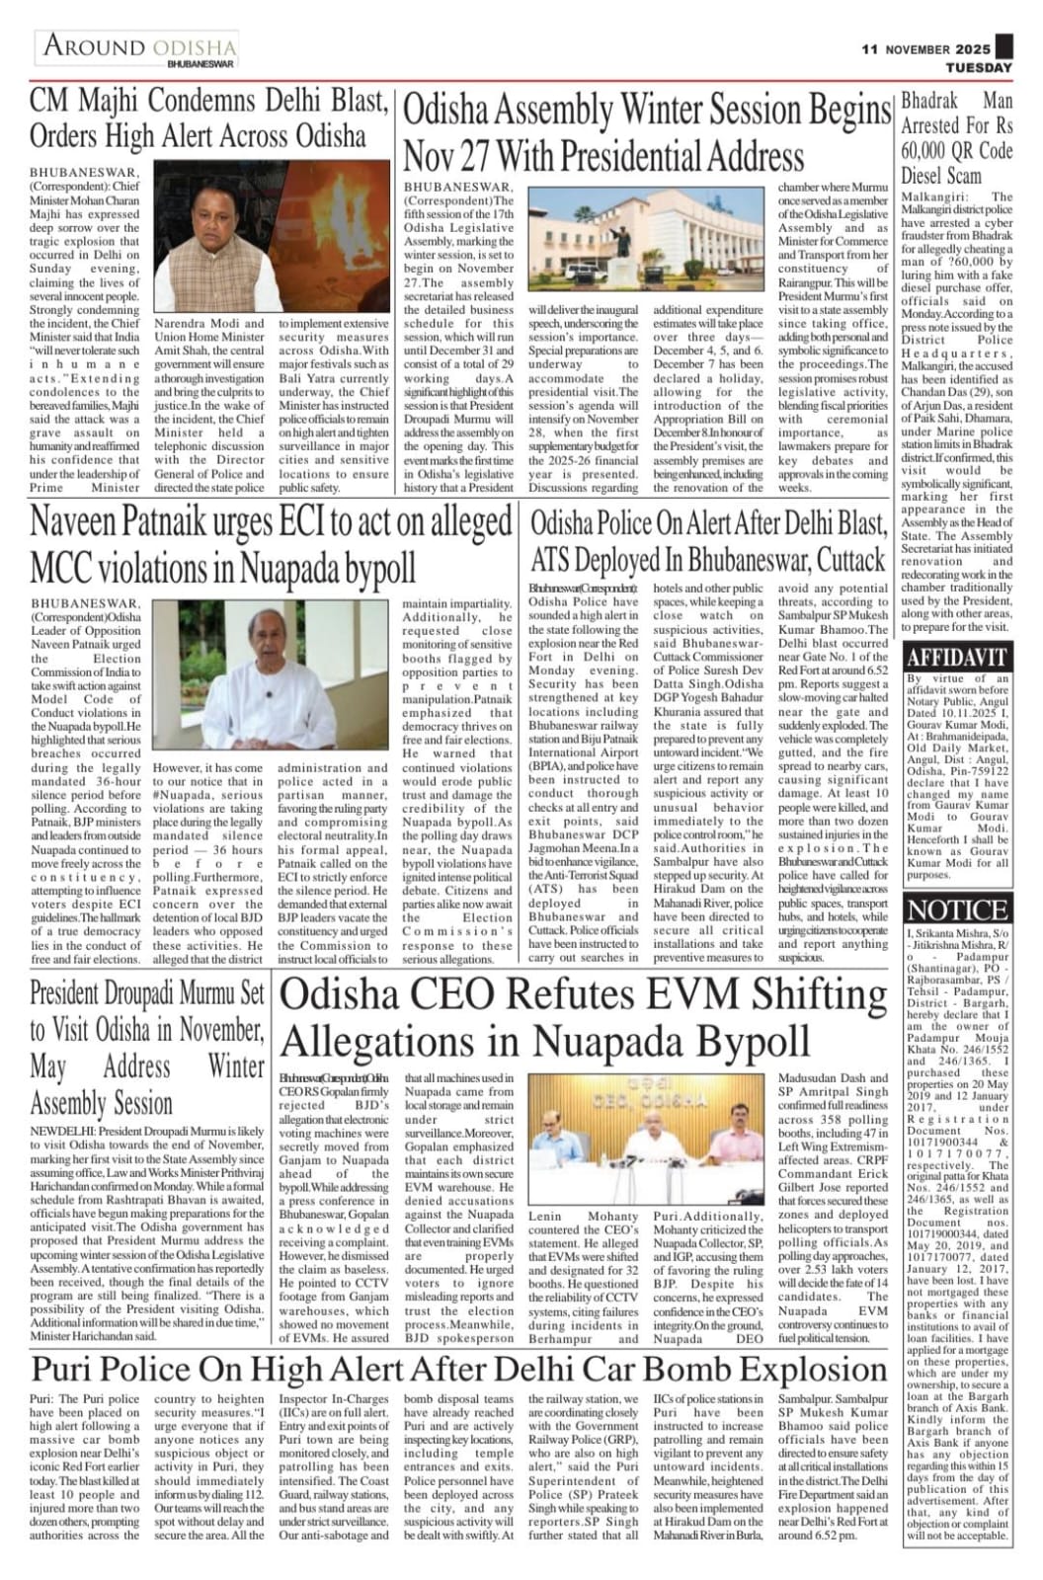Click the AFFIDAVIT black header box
tap(957, 658)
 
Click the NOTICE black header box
tap(957, 909)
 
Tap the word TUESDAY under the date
tap(980, 68)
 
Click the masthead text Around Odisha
tap(139, 47)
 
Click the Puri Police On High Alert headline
tap(459, 1370)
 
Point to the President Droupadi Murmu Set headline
tap(147, 1048)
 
